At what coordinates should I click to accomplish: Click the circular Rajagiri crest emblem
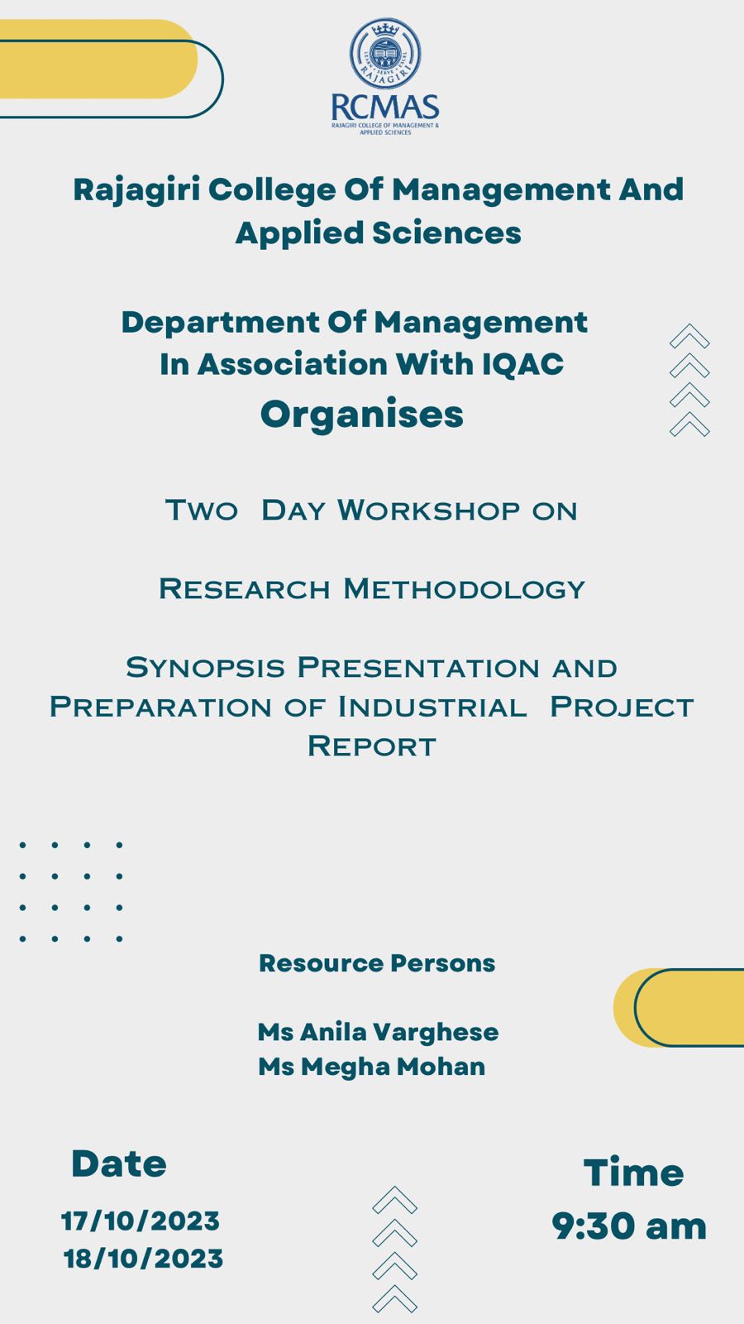tap(385, 54)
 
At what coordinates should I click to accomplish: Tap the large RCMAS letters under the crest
tap(385, 108)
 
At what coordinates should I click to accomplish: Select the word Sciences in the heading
tap(446, 233)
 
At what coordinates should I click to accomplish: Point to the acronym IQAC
tap(522, 363)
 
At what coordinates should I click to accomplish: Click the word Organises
tap(362, 415)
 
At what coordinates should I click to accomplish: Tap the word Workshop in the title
tap(429, 510)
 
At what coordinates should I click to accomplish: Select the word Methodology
tap(464, 589)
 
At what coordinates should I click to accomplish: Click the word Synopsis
tap(206, 668)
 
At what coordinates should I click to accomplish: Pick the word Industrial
tap(432, 707)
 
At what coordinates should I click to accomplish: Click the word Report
tap(372, 746)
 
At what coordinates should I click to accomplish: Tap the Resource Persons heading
tap(377, 963)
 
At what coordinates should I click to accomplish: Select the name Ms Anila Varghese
tap(378, 1033)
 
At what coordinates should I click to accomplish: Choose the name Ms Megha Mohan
tap(372, 1067)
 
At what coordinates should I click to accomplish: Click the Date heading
tap(119, 1163)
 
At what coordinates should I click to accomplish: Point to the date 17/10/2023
tap(141, 1221)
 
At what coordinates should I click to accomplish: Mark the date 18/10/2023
tap(143, 1259)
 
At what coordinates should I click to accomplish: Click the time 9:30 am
tap(629, 1226)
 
